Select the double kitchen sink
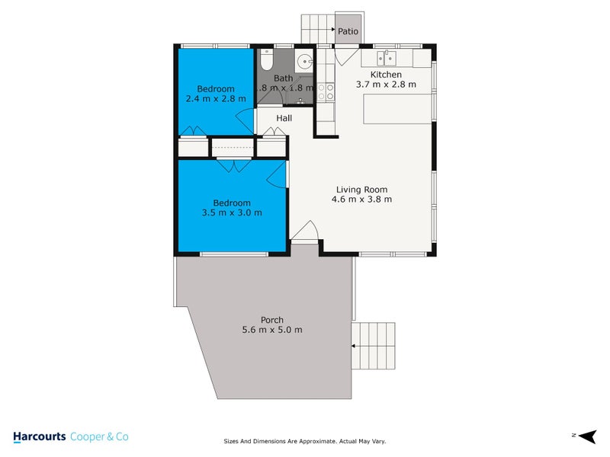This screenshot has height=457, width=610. [x=386, y=57]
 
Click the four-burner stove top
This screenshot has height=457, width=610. [x=326, y=92]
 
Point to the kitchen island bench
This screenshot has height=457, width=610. [x=397, y=111]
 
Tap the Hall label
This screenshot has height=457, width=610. [x=284, y=118]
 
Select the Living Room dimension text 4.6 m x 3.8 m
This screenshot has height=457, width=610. [x=361, y=200]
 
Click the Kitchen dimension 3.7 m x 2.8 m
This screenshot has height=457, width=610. [x=386, y=85]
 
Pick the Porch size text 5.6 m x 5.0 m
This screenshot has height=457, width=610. [x=272, y=330]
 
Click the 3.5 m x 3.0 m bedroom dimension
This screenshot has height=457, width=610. [x=232, y=213]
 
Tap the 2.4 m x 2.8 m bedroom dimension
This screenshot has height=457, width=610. [x=216, y=99]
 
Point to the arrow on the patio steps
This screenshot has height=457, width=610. [x=332, y=31]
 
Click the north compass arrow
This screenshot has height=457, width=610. [x=586, y=436]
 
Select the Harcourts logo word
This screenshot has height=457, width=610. [x=39, y=436]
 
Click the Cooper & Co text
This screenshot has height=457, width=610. [x=99, y=436]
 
